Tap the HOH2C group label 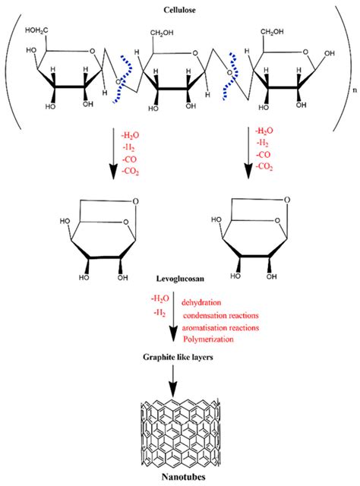coord(39,30)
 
